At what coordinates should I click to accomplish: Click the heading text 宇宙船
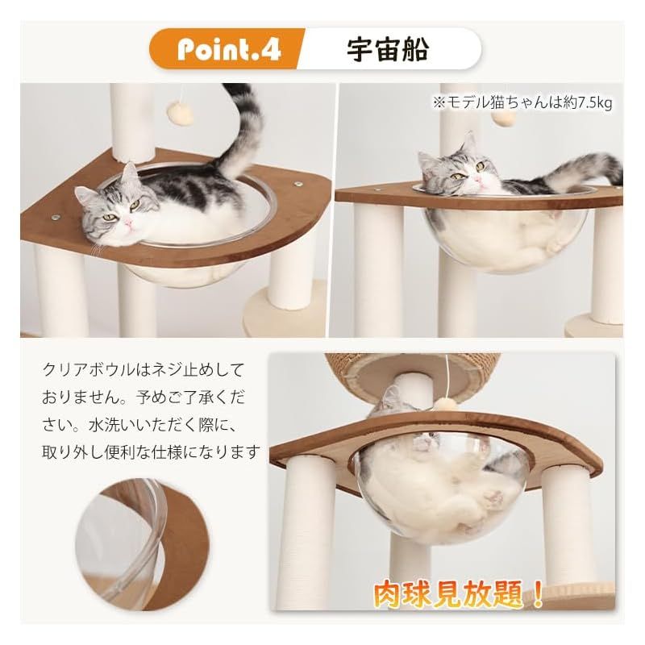pos(388,50)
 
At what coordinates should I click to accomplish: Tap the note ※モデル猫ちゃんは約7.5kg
pos(522,102)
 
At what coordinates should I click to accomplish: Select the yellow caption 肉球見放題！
pos(459,594)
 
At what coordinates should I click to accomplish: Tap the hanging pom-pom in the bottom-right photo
pos(446,404)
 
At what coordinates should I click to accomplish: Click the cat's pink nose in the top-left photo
pos(130,223)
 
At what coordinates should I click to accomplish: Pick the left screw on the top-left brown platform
pos(56,217)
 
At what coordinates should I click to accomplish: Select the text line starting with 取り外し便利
pos(152,452)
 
